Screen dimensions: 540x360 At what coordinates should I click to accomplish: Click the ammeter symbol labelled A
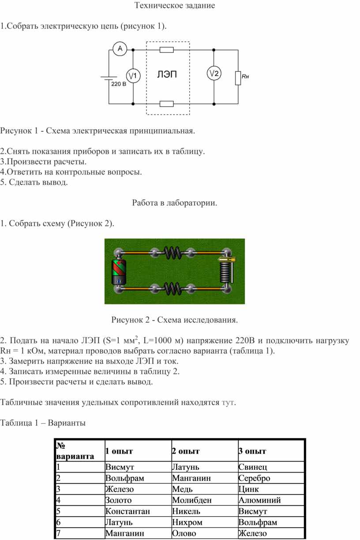point(119,49)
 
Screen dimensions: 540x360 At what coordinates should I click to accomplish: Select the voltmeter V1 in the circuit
point(132,76)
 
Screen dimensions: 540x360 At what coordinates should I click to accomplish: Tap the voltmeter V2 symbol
point(214,74)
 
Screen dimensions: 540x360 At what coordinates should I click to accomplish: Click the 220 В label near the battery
point(118,84)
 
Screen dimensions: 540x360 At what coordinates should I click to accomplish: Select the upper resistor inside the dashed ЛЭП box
point(167,49)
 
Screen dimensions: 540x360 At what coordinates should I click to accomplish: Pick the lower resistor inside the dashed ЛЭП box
point(167,104)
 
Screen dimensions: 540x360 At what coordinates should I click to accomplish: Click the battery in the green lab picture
point(118,272)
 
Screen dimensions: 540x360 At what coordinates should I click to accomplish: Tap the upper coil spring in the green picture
point(172,253)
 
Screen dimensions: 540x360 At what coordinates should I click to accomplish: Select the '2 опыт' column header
point(186,451)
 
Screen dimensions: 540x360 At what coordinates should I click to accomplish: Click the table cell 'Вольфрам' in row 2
point(125,478)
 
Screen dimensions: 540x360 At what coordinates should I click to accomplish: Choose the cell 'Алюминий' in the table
point(259,500)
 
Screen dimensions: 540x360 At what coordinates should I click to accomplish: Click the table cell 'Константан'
point(127,512)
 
